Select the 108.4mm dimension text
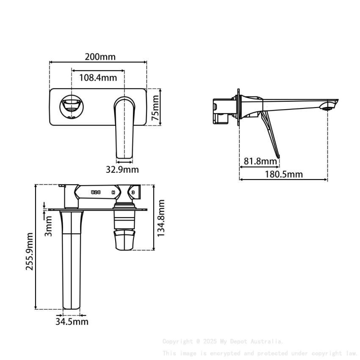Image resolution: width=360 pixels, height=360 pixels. [98, 78]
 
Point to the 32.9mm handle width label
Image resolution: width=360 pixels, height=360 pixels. [122, 170]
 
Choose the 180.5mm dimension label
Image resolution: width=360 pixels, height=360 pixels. [284, 174]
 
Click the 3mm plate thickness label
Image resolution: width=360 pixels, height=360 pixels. [48, 226]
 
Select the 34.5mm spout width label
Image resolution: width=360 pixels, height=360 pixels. [72, 322]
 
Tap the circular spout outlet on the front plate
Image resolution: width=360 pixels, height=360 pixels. [71, 106]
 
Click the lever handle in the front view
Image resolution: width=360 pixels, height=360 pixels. [124, 127]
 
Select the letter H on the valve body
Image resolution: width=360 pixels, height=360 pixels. [113, 193]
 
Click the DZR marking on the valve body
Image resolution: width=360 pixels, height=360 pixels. [95, 193]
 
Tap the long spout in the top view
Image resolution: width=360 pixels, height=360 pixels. [72, 263]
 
